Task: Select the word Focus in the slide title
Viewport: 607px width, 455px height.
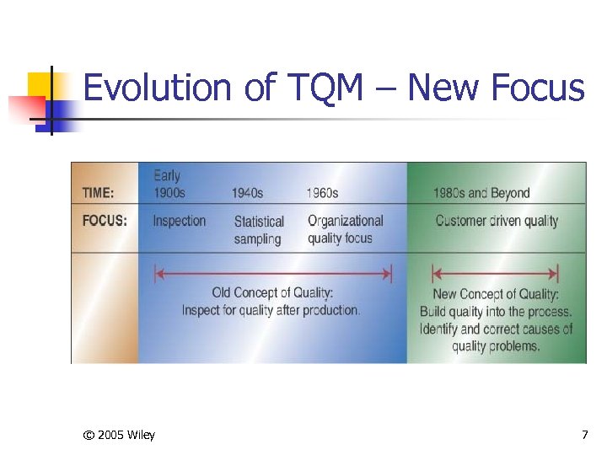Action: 535,88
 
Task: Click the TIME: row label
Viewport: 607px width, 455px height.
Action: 98,193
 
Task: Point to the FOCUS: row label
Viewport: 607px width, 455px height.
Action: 105,221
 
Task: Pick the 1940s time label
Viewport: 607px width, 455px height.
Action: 247,193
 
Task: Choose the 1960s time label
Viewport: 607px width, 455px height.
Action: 322,193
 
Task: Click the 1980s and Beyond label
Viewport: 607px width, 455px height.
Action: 481,193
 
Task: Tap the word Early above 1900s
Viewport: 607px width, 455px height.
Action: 167,176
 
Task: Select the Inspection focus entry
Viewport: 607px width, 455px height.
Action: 179,221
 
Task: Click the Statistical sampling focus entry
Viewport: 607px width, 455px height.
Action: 259,230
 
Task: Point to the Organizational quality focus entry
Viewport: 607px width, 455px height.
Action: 345,229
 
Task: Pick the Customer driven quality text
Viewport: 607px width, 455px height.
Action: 497,221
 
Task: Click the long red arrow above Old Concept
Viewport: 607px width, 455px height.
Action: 273,274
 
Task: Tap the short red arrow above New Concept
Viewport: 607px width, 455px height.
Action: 495,274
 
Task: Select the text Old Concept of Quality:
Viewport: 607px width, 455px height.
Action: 272,293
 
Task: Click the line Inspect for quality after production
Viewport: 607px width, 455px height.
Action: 271,310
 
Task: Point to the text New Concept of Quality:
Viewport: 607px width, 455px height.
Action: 496,294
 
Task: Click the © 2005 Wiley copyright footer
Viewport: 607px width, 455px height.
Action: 119,435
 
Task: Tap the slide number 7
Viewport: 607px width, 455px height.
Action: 585,435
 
